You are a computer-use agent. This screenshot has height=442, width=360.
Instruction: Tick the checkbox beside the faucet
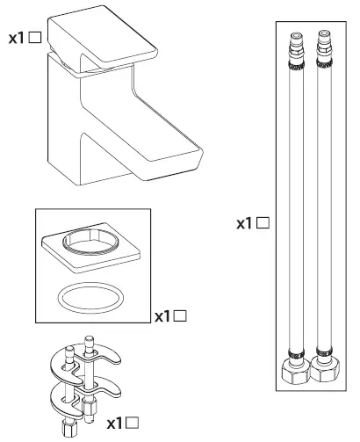(x=35, y=40)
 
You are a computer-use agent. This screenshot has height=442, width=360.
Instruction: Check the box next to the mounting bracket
(x=133, y=424)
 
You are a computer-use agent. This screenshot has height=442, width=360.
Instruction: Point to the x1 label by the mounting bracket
(x=116, y=424)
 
